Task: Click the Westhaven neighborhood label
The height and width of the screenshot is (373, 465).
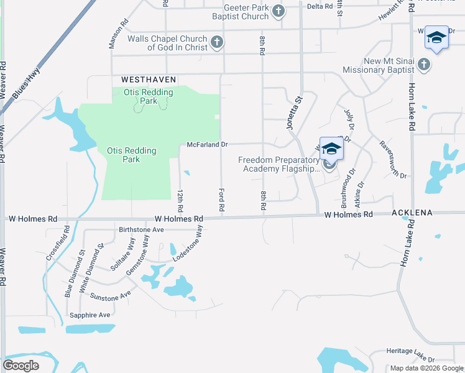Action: [x=149, y=80]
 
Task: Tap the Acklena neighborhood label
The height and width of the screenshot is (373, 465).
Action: [x=412, y=213]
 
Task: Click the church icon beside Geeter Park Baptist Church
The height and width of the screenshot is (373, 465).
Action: [x=279, y=11]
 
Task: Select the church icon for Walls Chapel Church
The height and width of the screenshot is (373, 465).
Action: [x=216, y=42]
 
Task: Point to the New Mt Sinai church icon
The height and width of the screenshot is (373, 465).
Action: [x=423, y=64]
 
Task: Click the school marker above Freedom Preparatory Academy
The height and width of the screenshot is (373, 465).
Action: [x=331, y=149]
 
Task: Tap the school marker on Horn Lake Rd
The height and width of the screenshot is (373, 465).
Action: [x=436, y=39]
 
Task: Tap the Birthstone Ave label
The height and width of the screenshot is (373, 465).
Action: [x=140, y=229]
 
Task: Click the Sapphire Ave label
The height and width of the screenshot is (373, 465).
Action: [x=91, y=315]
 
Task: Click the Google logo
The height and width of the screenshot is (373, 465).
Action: [x=21, y=366]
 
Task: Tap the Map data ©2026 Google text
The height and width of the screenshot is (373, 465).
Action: [x=426, y=368]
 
